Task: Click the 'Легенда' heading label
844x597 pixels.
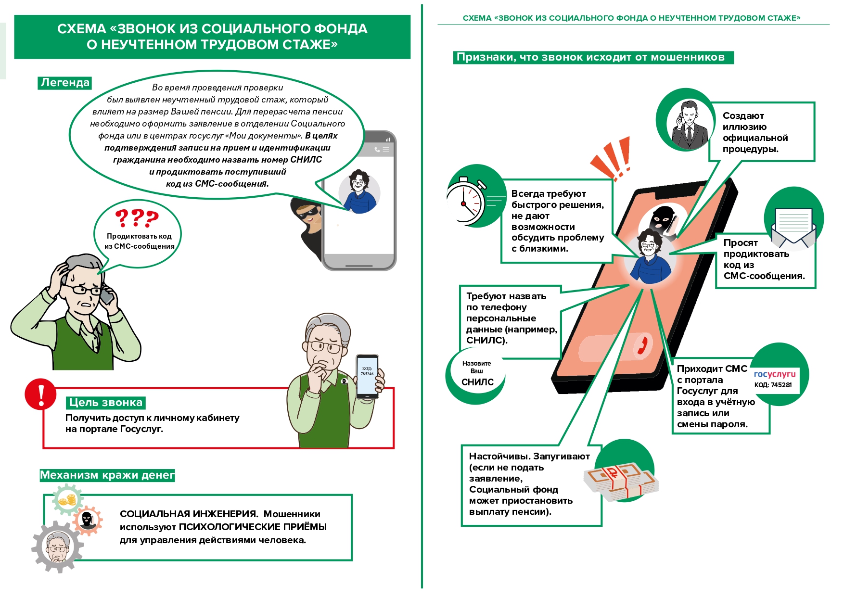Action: point(65,83)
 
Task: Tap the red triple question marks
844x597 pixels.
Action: point(137,218)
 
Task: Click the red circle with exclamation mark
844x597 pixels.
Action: point(41,394)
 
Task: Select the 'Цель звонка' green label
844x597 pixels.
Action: point(106,403)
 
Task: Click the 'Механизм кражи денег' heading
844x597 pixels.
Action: point(107,475)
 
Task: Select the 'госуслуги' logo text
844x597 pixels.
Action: point(775,374)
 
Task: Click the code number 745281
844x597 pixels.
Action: point(781,385)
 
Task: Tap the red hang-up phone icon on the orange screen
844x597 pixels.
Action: point(642,344)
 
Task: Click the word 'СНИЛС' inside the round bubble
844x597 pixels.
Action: point(477,382)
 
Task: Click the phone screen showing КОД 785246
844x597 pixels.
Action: point(367,376)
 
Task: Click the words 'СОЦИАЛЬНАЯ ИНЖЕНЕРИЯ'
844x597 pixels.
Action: point(189,514)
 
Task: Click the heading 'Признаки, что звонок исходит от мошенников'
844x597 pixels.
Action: point(590,57)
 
